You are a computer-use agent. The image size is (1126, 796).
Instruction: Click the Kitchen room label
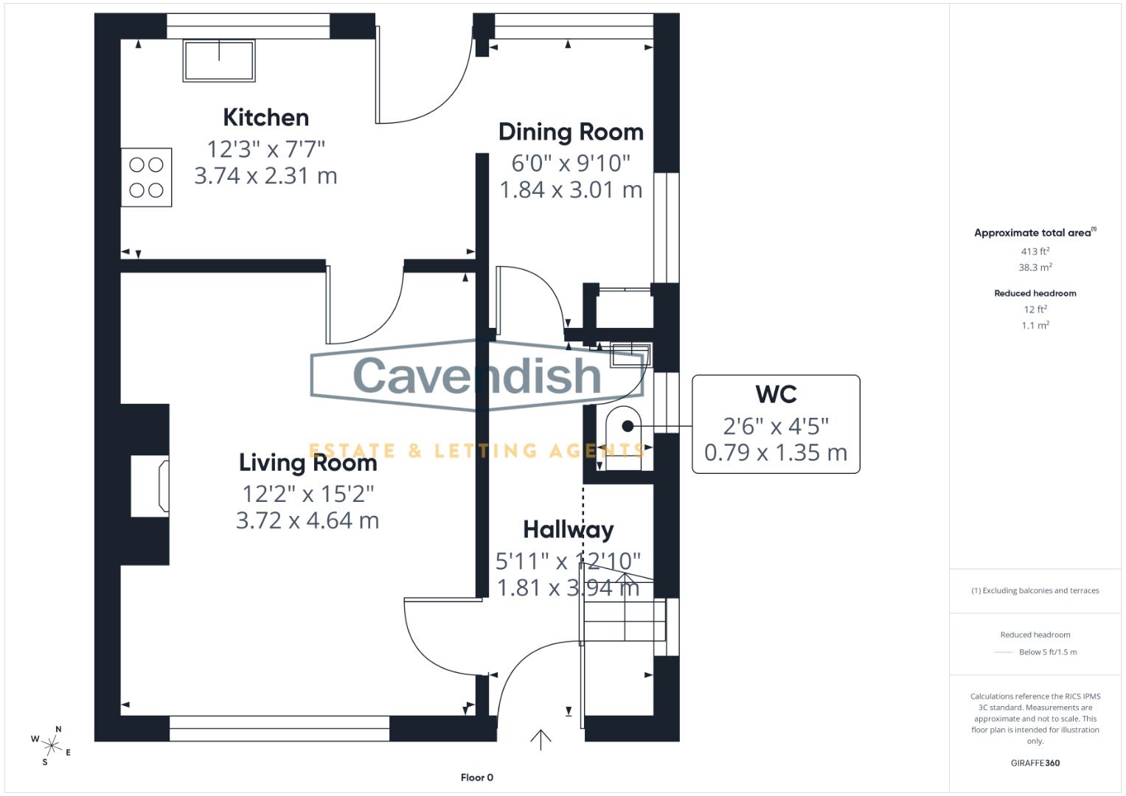point(265,118)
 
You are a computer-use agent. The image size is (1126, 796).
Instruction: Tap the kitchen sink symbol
point(219,60)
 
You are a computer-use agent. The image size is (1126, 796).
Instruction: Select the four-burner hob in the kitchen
point(147,178)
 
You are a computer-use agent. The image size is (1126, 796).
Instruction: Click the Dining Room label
point(571,132)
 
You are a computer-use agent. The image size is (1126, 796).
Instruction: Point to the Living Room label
point(307,463)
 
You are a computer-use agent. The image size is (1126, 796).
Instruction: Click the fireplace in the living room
point(150,485)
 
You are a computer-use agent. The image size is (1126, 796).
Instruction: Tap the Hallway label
point(568,529)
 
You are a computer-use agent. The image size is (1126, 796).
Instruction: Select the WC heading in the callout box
point(776,394)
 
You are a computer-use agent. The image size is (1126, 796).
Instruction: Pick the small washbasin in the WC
point(631,355)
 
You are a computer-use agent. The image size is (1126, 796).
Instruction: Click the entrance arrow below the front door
point(541,739)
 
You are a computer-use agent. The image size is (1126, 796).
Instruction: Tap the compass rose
point(52,745)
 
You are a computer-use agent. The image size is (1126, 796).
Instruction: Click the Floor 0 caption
point(477,778)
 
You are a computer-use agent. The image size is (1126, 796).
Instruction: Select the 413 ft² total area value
point(1035,251)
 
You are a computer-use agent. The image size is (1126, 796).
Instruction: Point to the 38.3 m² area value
point(1035,268)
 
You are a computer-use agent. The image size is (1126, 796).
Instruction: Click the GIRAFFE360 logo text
point(1035,763)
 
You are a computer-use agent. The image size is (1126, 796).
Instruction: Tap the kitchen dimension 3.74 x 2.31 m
point(265,176)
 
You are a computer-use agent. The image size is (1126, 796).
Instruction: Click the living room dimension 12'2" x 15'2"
point(307,493)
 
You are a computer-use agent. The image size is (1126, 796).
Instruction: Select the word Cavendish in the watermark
point(477,375)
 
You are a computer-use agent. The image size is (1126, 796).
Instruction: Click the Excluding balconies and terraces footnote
point(1035,590)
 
